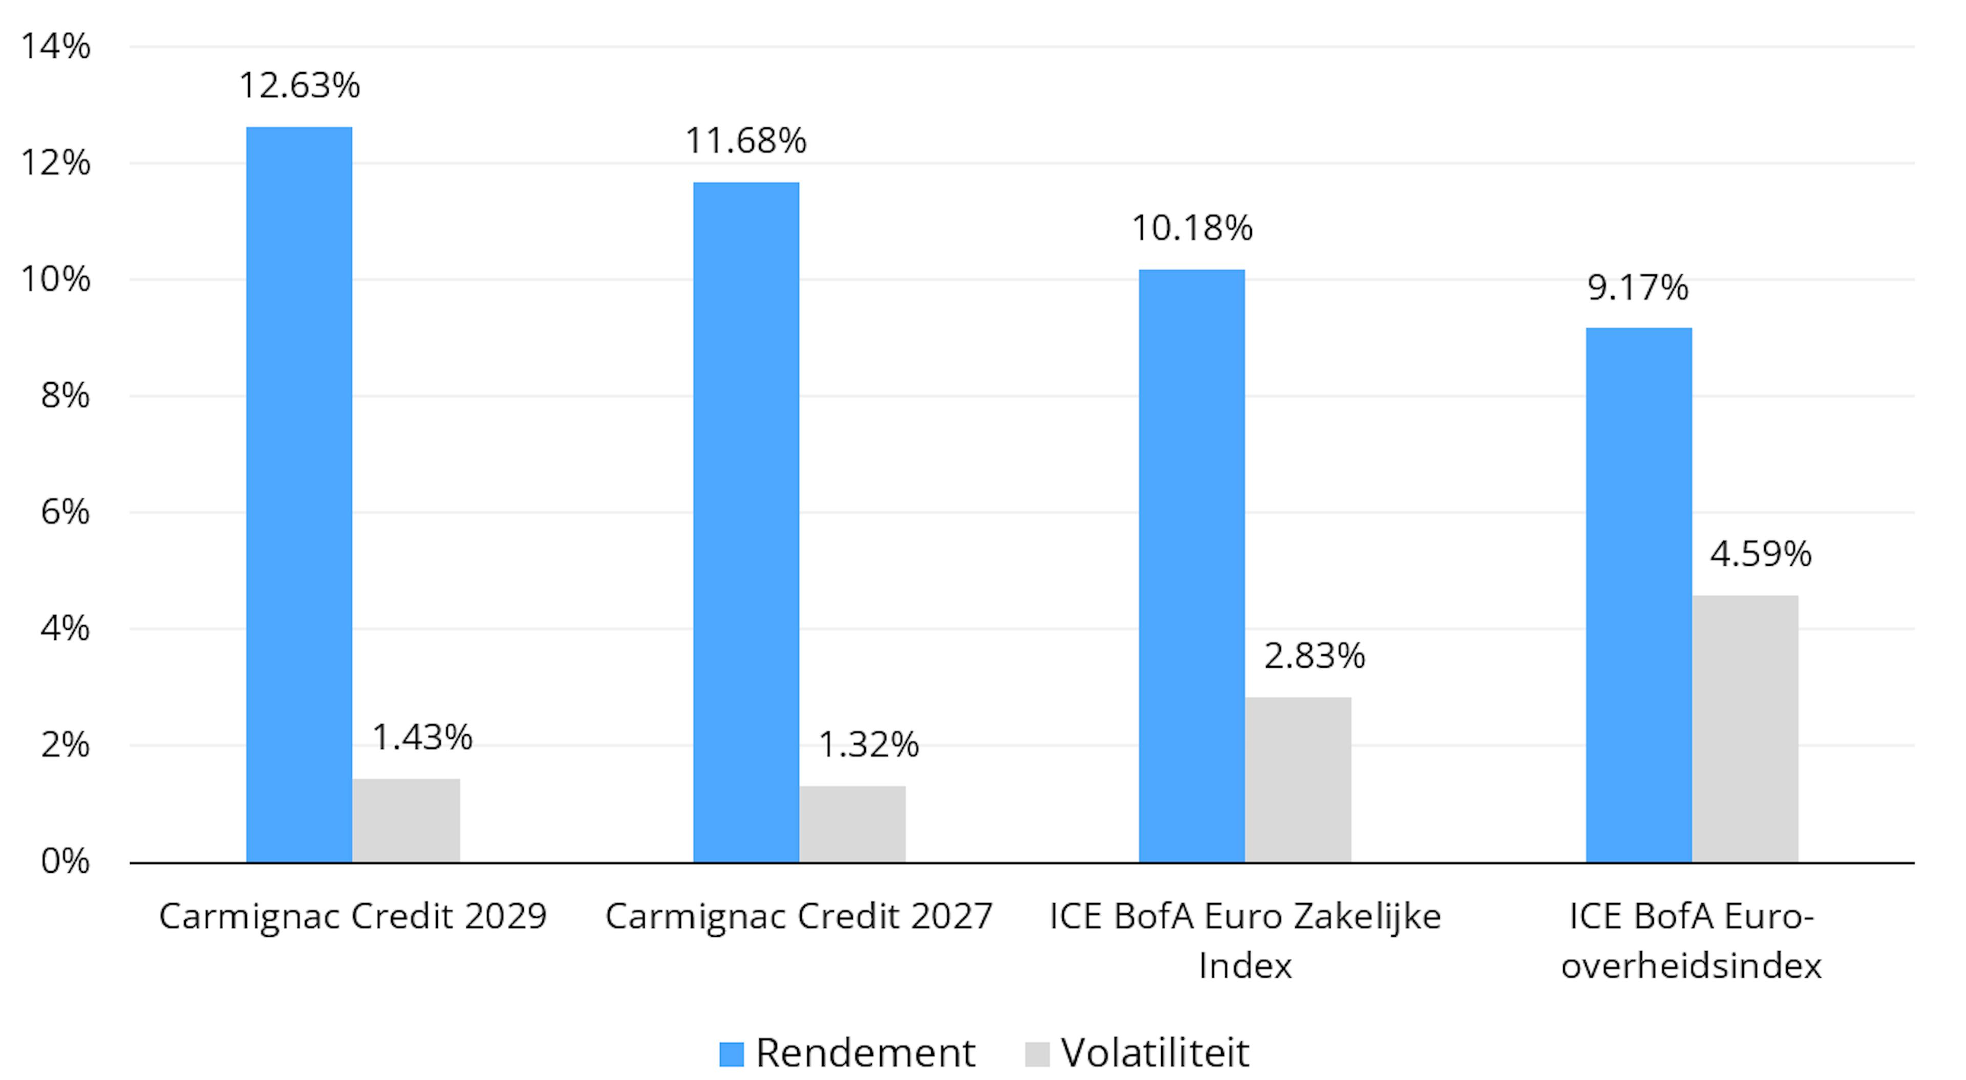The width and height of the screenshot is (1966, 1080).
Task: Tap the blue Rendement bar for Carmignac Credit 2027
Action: coord(745,522)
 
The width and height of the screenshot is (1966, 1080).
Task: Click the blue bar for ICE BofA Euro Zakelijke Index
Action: coord(1191,565)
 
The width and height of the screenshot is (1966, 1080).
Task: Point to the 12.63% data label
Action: coord(299,85)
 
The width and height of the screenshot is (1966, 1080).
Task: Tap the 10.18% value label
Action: coord(1191,228)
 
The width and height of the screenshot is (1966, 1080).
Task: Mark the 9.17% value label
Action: coord(1638,288)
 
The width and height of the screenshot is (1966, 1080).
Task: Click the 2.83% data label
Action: coord(1314,656)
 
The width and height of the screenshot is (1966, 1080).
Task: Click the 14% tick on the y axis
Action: coord(55,47)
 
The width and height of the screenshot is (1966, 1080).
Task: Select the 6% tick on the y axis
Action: coord(65,512)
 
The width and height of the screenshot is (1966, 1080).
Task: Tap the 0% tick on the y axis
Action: coord(65,861)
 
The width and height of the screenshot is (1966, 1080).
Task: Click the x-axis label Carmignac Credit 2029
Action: coord(353,916)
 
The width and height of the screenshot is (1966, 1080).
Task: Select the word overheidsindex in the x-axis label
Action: coord(1691,965)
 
